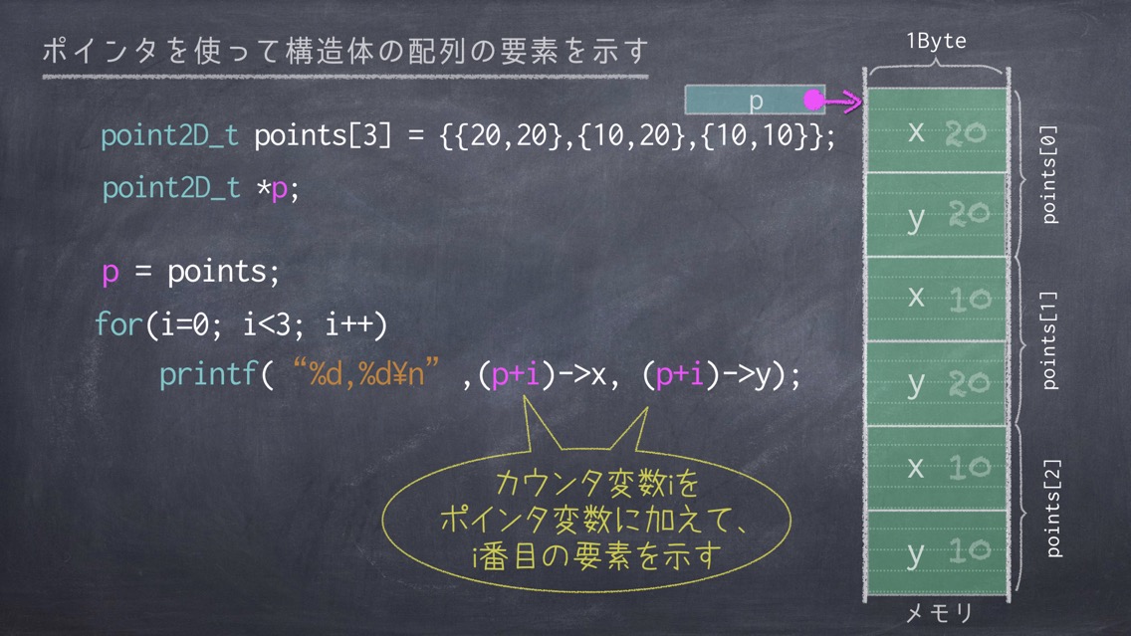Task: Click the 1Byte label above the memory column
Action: [x=936, y=41]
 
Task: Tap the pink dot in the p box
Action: [x=813, y=100]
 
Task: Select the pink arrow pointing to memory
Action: [x=841, y=101]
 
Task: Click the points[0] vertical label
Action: [x=1049, y=175]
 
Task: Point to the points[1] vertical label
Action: [x=1049, y=340]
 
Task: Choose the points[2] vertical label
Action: [x=1053, y=509]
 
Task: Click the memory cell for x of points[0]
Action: [x=936, y=130]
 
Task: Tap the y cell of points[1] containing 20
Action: [x=936, y=383]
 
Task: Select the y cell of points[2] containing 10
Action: [x=936, y=552]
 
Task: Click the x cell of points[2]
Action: [x=936, y=468]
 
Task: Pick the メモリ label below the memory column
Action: [x=939, y=613]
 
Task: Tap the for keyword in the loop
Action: [x=119, y=323]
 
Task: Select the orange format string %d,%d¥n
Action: [x=366, y=374]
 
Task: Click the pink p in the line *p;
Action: [x=279, y=190]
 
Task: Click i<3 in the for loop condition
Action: [x=266, y=324]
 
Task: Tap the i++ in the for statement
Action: [x=349, y=324]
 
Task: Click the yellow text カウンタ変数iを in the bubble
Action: [x=597, y=483]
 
